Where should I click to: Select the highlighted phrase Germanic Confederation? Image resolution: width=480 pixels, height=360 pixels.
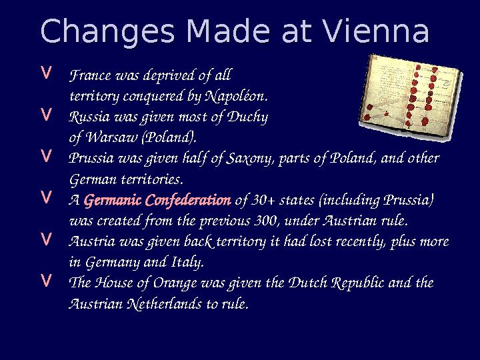pyautogui.click(x=157, y=201)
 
